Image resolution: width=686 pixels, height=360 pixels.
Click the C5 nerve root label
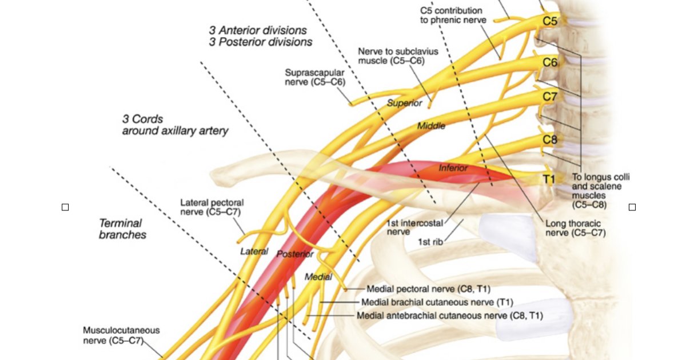click(549, 21)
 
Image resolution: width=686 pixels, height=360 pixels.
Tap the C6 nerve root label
click(549, 62)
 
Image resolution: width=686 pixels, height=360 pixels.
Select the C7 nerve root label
click(549, 97)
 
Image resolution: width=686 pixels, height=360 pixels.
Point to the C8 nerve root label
click(549, 139)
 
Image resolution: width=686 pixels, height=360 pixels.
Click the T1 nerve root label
click(549, 179)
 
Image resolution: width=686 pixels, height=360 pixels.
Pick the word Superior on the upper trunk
click(404, 103)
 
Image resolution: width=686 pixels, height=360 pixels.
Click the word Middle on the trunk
click(431, 126)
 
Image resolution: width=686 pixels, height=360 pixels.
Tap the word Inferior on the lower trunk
click(453, 168)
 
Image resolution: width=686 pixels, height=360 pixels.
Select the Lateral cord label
click(254, 251)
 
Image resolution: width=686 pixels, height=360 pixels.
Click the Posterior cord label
click(295, 254)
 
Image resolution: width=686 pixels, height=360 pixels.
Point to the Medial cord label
click(318, 277)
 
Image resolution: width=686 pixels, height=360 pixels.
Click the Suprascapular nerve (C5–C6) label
click(315, 77)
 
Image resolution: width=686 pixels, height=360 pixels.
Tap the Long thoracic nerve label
click(575, 229)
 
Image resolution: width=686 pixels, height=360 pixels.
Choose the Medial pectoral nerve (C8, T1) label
click(428, 289)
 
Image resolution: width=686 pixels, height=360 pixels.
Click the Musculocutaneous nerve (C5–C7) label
click(121, 335)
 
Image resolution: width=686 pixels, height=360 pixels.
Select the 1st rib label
click(430, 242)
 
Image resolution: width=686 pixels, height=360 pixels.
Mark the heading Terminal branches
click(122, 229)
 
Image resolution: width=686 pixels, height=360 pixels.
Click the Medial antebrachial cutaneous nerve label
click(449, 315)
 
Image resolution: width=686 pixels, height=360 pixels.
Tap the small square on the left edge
click(65, 207)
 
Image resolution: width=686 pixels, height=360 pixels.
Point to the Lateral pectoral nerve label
click(212, 207)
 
